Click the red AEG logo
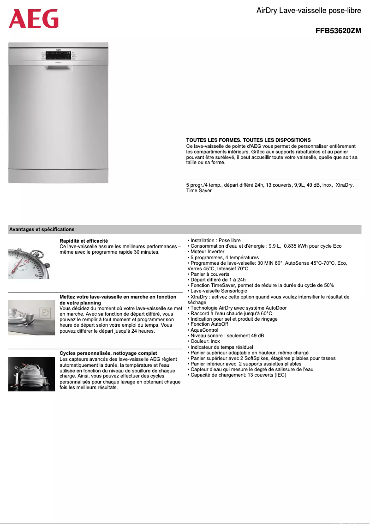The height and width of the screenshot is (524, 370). click(x=34, y=19)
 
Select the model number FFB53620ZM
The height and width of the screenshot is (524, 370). click(x=338, y=31)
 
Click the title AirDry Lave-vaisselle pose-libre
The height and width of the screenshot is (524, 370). click(x=309, y=10)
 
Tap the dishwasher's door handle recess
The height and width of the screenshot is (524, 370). click(x=58, y=67)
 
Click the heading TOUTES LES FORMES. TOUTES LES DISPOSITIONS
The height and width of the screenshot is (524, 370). click(x=248, y=140)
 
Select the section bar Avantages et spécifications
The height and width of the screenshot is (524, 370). click(x=42, y=229)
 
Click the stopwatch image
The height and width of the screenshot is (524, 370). click(x=29, y=263)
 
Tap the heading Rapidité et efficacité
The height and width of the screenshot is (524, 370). click(x=84, y=241)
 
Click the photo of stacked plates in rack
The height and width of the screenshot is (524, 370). click(x=29, y=374)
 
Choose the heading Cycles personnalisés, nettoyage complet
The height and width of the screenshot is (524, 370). click(x=108, y=353)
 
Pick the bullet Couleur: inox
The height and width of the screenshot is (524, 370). click(x=205, y=341)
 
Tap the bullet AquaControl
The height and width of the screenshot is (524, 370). click(x=204, y=330)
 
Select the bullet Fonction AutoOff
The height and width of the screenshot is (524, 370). click(x=209, y=324)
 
